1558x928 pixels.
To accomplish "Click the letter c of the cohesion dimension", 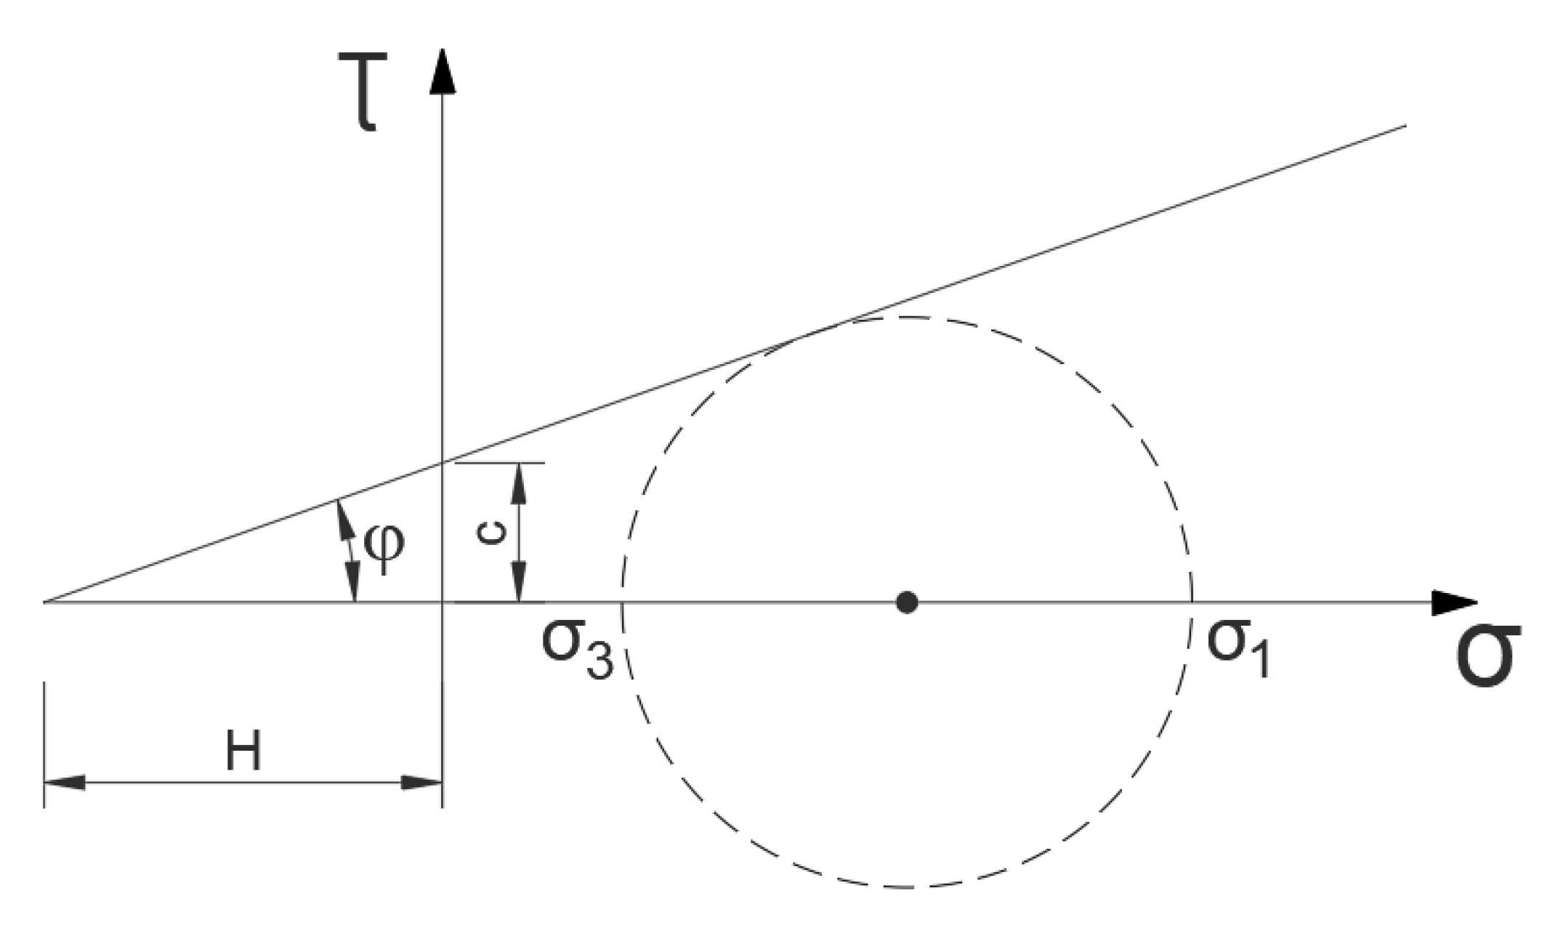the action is coord(491,534).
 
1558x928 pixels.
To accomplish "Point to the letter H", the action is coord(243,752).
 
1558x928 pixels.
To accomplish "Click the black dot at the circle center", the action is coord(906,602).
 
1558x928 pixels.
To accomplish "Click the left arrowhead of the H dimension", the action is coord(64,783).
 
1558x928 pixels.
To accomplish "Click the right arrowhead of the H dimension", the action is coord(422,783).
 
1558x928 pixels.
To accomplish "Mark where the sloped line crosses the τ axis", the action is coord(443,462).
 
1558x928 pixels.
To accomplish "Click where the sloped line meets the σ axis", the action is coord(45,602).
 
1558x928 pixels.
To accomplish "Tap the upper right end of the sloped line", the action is coord(1405,126).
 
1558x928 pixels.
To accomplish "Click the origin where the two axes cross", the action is coord(443,602).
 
